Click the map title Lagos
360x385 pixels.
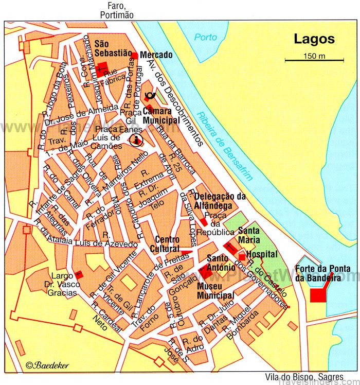[314, 39]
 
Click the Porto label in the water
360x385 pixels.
[205, 38]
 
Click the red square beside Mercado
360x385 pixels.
[134, 55]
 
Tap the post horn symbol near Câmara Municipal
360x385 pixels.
[151, 95]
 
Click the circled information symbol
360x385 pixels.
[136, 139]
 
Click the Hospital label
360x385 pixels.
[262, 254]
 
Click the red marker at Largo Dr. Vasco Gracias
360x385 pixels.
[79, 275]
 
